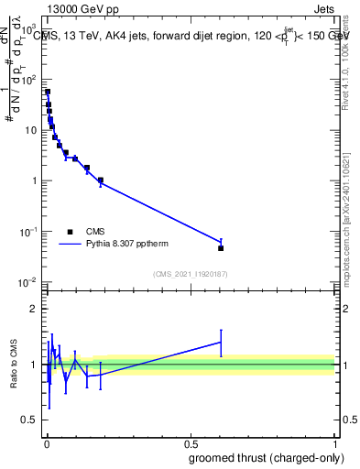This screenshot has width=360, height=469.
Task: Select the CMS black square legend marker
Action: coord(70,232)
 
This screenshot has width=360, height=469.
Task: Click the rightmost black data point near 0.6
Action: coord(221,248)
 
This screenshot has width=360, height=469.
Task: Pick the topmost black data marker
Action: coord(48,92)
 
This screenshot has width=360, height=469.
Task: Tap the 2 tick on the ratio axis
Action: coord(35,309)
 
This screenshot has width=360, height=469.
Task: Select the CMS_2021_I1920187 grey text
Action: coord(191,274)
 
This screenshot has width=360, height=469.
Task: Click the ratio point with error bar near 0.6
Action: coord(221,342)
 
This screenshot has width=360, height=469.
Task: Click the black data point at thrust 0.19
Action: coord(101,180)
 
